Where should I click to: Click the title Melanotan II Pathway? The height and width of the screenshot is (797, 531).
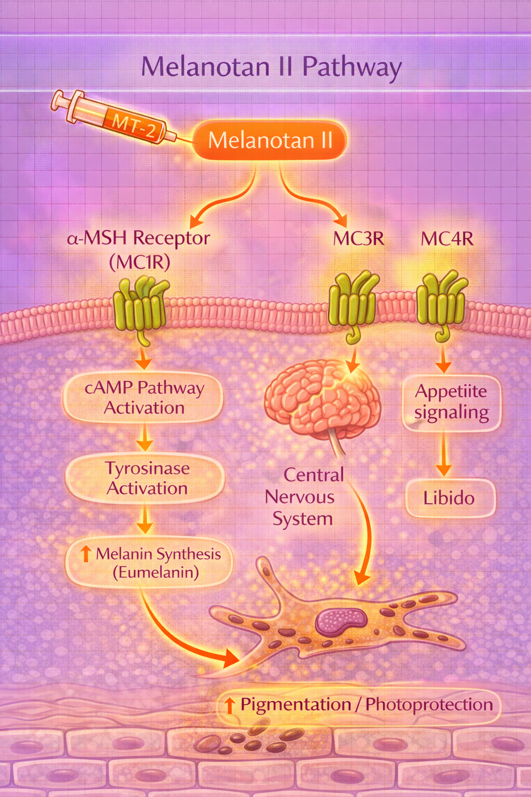[271, 67]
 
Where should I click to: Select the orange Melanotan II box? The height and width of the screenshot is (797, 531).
[270, 140]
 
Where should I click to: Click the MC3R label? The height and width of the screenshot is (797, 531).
[359, 239]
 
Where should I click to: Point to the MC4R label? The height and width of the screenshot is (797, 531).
[447, 239]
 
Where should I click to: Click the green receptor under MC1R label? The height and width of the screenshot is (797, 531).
[140, 306]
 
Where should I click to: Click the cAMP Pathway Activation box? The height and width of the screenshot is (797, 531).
[144, 397]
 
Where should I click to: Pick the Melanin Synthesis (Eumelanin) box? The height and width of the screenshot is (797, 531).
[149, 563]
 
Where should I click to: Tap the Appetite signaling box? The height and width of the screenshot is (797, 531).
[451, 402]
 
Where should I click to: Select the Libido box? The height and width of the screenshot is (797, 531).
[449, 498]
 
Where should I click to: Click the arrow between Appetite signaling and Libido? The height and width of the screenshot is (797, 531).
[443, 454]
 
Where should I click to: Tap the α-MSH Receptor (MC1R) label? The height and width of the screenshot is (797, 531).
[139, 250]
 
